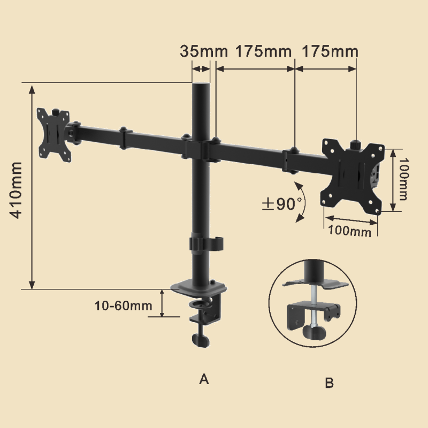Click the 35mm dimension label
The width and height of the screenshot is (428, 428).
point(204,51)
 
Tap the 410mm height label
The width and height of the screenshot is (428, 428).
point(16,190)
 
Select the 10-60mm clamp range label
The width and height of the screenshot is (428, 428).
point(124,305)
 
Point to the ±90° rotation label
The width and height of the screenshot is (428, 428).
point(282,203)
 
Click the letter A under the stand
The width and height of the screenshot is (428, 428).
point(204,379)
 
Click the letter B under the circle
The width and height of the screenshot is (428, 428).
point(330,383)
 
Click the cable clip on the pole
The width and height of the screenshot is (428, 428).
point(206,243)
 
